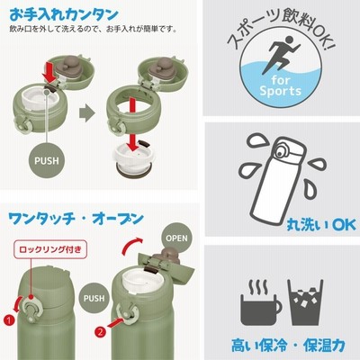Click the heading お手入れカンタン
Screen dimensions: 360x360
[x=64, y=15]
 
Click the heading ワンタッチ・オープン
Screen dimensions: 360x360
[x=76, y=220]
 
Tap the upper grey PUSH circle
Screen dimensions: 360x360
[x=47, y=160]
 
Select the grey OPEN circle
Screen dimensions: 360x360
[x=176, y=238]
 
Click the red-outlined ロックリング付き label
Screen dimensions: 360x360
[x=50, y=249]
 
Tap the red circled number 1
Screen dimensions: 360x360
[x=9, y=320]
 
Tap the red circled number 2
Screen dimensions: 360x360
[x=101, y=332]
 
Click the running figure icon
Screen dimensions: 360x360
[x=281, y=55]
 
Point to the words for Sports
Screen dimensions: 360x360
[x=281, y=85]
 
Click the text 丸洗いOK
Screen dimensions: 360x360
[x=321, y=225]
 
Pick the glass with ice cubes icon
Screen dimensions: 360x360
[x=305, y=302]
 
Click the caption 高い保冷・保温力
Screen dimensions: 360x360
[x=288, y=346]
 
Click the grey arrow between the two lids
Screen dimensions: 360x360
[x=87, y=113]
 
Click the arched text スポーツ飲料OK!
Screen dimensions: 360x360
[x=281, y=28]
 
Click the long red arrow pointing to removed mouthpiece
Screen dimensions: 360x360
[x=133, y=123]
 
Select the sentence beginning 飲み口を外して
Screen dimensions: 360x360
[x=93, y=29]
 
